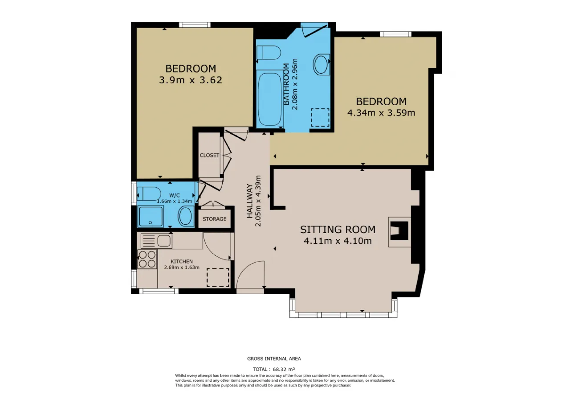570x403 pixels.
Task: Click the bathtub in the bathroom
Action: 269,99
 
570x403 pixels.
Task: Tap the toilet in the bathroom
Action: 269,53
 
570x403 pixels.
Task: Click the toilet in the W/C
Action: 149,194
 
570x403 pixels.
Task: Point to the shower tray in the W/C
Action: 151,216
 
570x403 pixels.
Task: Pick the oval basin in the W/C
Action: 186,216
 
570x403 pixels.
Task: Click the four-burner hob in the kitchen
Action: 147,259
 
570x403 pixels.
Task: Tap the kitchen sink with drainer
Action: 156,241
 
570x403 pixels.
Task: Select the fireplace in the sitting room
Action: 399,232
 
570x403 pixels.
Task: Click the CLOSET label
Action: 209,156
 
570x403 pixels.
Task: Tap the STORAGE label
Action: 214,219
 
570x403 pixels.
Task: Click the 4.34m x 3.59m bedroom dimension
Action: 381,113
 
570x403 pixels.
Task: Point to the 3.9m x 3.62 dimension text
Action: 191,80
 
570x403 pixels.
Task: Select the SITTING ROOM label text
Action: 338,230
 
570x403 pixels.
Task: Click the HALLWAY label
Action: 250,201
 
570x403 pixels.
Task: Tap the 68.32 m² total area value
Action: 284,369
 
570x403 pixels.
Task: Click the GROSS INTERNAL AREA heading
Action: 274,359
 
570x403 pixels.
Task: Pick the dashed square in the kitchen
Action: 218,277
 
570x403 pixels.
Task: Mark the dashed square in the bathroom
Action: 320,117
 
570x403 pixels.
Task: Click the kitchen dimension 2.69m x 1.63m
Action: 182,267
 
